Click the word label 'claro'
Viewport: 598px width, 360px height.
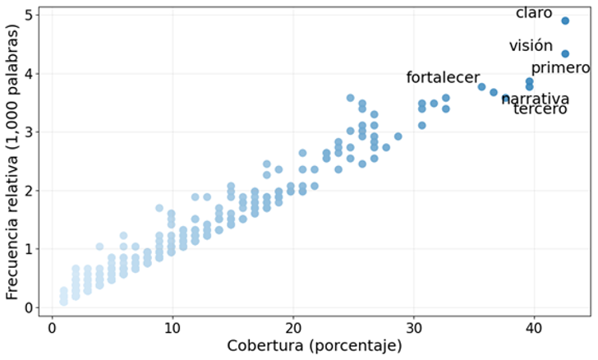pos(534,14)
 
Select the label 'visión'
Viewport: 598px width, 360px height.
pos(531,46)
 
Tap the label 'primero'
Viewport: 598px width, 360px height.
pos(560,68)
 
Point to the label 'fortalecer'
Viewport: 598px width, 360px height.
pos(443,78)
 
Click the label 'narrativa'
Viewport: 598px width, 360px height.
pos(536,99)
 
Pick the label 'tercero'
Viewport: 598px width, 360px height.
pos(540,109)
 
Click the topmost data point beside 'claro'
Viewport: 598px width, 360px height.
pos(565,21)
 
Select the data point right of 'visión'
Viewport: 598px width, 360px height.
pos(565,53)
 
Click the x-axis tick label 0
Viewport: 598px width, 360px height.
pos(52,328)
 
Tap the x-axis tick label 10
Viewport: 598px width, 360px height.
pos(172,328)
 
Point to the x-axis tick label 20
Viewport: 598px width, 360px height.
pos(293,328)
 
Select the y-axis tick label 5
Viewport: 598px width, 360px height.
pos(29,15)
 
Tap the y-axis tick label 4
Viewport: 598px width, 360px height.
pos(29,74)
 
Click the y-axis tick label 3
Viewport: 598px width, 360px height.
pos(29,132)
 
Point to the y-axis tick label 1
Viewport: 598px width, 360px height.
pos(29,249)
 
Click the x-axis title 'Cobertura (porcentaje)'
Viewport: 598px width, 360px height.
pos(315,346)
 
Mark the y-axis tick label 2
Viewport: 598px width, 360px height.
pos(29,191)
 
